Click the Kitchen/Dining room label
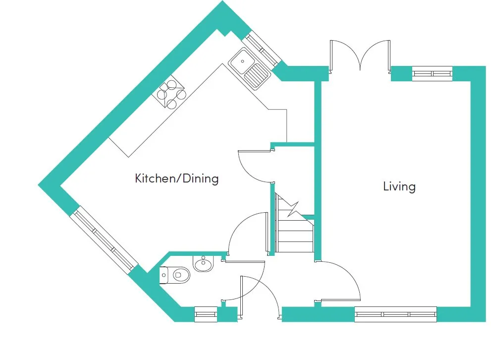176,179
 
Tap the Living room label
399,186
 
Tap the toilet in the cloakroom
174,275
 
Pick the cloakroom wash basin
204,263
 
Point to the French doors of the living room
360,57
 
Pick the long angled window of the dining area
104,240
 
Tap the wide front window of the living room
396,314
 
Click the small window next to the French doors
433,73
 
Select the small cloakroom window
206,314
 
